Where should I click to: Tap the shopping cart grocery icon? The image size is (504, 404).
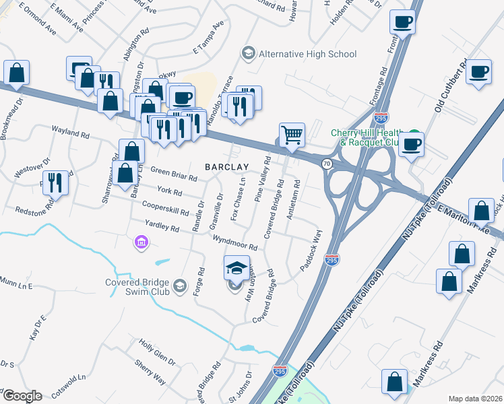(292, 134)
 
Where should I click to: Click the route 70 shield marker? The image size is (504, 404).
(327, 164)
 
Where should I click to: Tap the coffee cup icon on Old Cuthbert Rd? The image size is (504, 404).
(479, 73)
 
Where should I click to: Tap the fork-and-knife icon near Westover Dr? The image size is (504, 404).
(55, 182)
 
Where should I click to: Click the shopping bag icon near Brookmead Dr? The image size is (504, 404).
(15, 73)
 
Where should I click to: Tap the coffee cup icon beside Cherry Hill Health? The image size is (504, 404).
(411, 143)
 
